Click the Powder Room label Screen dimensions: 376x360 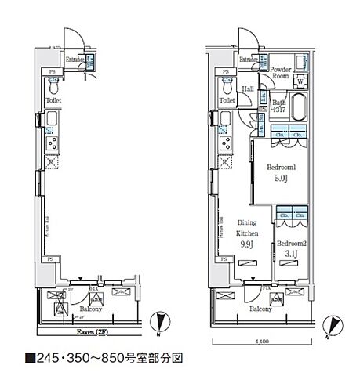tap(280, 73)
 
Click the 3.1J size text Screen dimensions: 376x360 tap(289, 255)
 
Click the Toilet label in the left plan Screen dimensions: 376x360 tap(54, 101)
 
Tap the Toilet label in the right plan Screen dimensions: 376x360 tap(227, 101)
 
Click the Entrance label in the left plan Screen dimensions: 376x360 tap(75, 60)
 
